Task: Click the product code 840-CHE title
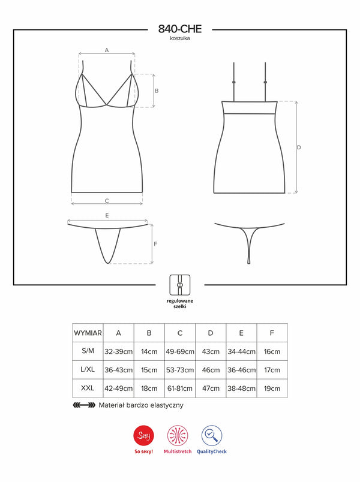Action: click(179, 28)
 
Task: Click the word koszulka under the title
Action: click(179, 38)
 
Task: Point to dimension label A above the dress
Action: click(107, 50)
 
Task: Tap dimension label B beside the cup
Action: click(156, 91)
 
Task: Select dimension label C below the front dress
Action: click(107, 200)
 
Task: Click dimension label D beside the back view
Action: click(299, 147)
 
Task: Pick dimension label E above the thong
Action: click(107, 215)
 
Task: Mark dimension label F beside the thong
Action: click(155, 244)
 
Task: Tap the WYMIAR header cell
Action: click(88, 333)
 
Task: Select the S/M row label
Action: click(88, 352)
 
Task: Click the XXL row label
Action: click(88, 388)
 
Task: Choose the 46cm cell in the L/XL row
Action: click(211, 370)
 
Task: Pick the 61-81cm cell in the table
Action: click(180, 388)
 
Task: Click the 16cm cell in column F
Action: click(272, 352)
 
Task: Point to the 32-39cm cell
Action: click(118, 352)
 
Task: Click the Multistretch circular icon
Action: click(179, 433)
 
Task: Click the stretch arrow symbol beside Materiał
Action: click(83, 405)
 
